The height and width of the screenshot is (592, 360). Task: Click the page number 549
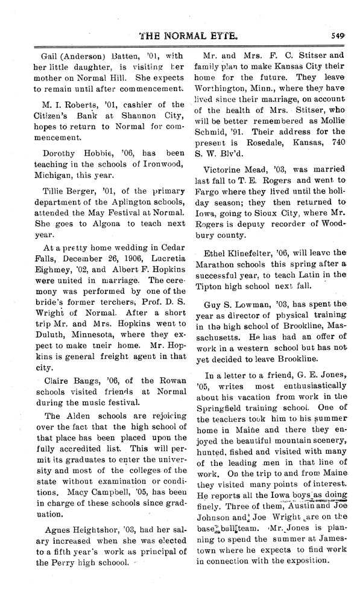pyautogui.click(x=338, y=35)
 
